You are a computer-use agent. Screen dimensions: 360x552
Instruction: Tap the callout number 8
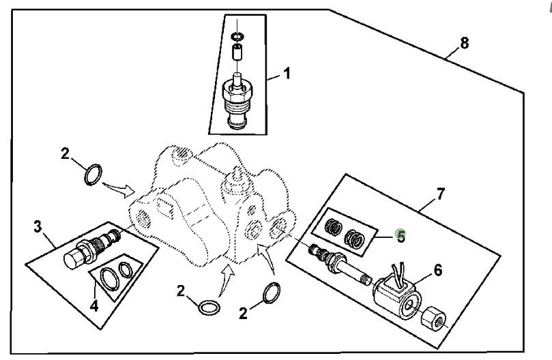tap(465, 43)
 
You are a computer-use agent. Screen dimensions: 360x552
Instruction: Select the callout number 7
tap(440, 194)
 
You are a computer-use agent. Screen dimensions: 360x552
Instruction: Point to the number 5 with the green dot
tap(401, 237)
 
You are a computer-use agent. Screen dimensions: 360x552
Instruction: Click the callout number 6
tap(437, 270)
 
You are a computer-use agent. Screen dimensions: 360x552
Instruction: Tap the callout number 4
tap(94, 307)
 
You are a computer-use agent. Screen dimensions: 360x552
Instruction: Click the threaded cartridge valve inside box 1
tap(237, 101)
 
